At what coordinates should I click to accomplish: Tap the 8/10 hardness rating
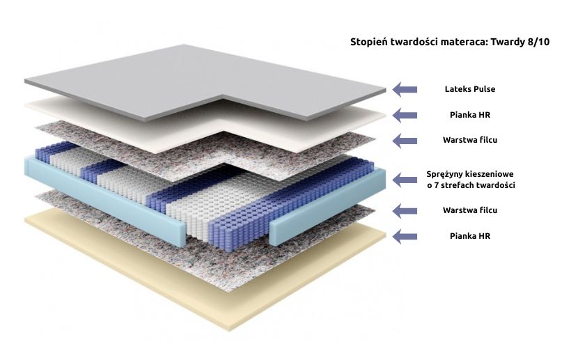[538, 42]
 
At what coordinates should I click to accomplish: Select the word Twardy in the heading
[506, 42]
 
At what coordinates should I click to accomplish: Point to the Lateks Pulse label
[470, 89]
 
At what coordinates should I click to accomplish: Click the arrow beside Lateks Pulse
[405, 89]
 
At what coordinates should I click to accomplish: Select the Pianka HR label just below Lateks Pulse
[470, 114]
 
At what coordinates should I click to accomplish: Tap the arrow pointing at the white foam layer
[405, 114]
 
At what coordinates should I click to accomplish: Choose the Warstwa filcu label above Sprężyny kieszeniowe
[470, 140]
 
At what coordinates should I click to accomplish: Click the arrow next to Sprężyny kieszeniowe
[405, 180]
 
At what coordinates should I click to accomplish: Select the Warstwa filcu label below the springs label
[470, 210]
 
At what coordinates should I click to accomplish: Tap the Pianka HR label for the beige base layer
[470, 236]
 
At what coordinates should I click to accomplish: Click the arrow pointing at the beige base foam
[405, 236]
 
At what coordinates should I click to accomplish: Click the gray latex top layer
[174, 77]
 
